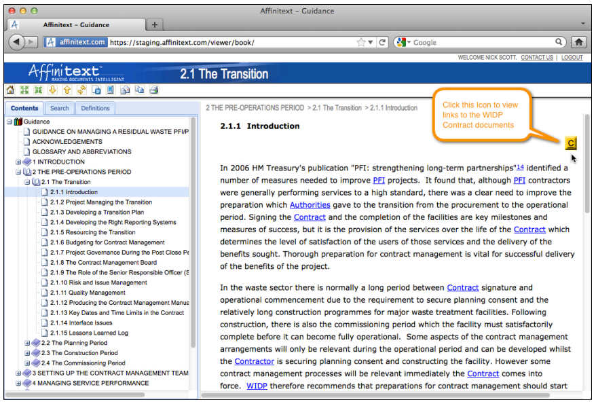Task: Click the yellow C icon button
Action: (x=571, y=143)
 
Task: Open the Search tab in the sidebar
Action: (x=60, y=108)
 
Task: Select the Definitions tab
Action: (x=95, y=108)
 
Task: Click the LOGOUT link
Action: (x=572, y=58)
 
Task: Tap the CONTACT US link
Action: (x=536, y=58)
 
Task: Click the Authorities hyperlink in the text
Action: (x=310, y=205)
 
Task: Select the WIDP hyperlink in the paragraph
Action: (x=257, y=386)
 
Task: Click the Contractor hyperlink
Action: (x=255, y=361)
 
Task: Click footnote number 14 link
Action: (x=520, y=167)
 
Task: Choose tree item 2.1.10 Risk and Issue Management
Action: (x=98, y=282)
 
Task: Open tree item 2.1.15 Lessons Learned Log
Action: (x=89, y=333)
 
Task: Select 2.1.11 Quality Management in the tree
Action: (x=88, y=293)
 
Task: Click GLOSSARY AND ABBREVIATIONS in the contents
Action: (x=81, y=151)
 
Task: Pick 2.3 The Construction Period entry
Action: (x=84, y=353)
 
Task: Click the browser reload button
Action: (x=383, y=42)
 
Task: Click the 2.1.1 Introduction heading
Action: (x=260, y=126)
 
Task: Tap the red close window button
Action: (x=10, y=11)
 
